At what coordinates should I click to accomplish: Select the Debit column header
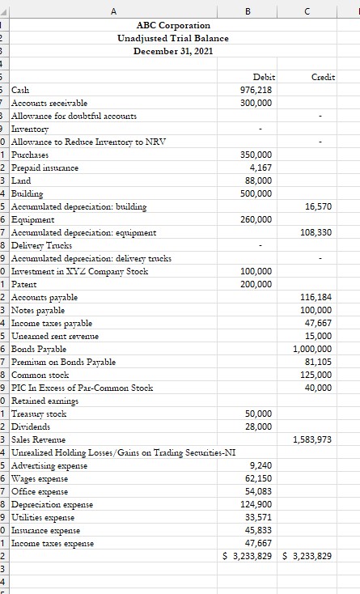[264, 76]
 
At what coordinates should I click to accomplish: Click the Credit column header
[324, 76]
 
